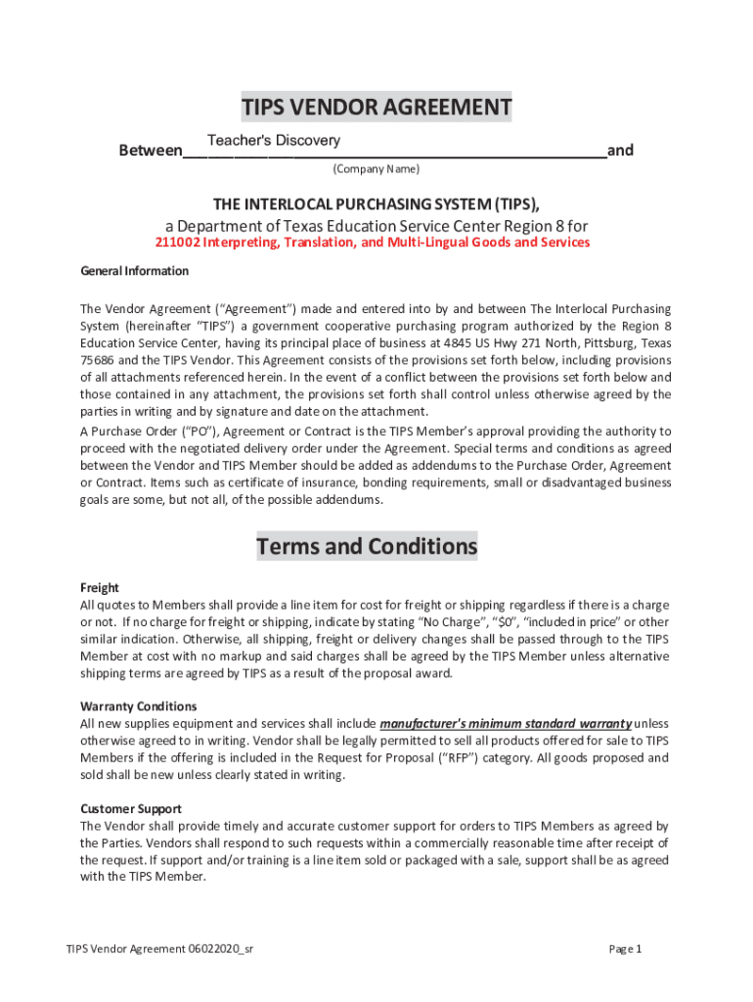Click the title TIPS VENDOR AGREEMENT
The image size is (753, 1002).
[376, 107]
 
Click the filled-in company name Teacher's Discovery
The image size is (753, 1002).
[273, 141]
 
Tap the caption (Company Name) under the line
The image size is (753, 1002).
[376, 169]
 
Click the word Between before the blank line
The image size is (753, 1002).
[150, 151]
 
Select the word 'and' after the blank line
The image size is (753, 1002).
[620, 151]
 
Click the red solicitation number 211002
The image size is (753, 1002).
[178, 243]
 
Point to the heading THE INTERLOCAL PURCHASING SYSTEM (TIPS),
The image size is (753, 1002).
[376, 204]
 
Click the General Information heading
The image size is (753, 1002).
[134, 271]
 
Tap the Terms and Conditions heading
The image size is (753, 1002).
[367, 546]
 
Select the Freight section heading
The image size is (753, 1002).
[99, 588]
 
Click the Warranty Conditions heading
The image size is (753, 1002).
[138, 706]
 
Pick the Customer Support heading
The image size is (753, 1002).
[130, 809]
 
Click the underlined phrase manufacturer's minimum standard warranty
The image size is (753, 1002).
[505, 724]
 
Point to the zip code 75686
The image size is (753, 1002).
[96, 359]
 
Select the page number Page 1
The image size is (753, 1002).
[624, 949]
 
